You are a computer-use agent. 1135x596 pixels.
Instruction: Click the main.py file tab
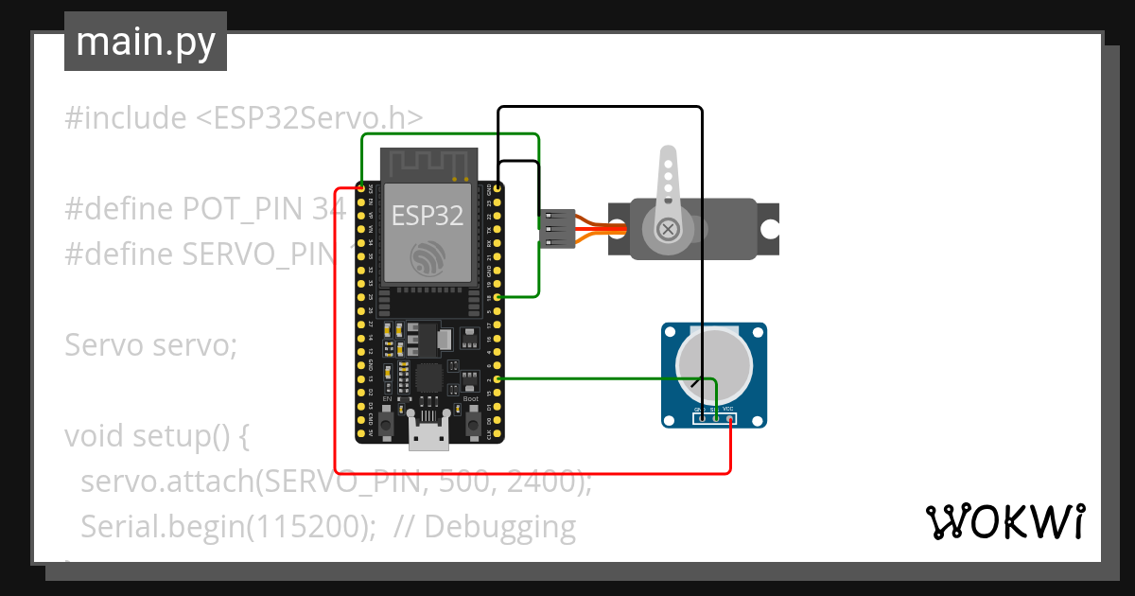tap(145, 42)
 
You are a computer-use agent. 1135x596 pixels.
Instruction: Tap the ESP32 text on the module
tap(428, 216)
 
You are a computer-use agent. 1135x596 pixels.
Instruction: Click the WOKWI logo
tap(1004, 521)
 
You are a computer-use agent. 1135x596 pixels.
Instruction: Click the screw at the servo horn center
tap(668, 228)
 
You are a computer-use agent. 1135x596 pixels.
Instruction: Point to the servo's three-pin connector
tap(555, 228)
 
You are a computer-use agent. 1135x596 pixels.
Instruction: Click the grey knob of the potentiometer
tap(714, 365)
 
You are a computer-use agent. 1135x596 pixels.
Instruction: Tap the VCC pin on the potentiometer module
tap(729, 417)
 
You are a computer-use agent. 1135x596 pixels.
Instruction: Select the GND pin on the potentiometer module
tap(701, 417)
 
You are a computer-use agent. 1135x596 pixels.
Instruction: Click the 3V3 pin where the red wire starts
tap(361, 188)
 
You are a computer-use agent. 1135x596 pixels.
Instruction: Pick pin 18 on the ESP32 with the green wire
tap(498, 297)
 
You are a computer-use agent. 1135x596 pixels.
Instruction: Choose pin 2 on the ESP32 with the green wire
tap(498, 379)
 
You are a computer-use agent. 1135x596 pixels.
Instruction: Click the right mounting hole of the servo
tap(771, 228)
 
